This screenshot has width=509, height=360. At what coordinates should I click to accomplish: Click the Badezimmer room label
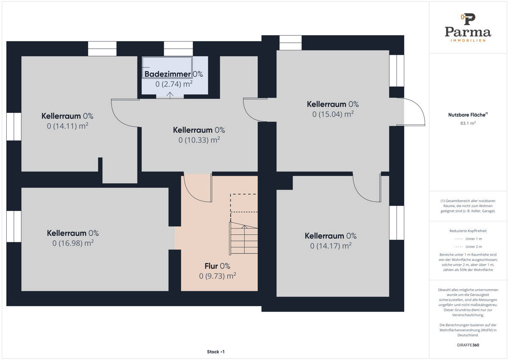(168, 74)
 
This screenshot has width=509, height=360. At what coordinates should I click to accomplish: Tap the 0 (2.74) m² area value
(174, 84)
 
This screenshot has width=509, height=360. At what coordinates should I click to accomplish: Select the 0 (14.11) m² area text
(67, 126)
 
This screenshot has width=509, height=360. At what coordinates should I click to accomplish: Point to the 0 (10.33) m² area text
(199, 140)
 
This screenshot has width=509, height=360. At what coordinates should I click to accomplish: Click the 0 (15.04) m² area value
(333, 114)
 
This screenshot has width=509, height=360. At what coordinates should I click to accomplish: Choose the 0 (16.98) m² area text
(73, 243)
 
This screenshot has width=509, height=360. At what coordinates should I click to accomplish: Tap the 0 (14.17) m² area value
(331, 246)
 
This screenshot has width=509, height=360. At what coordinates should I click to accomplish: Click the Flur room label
(211, 266)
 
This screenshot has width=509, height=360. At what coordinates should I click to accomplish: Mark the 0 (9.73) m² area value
(218, 276)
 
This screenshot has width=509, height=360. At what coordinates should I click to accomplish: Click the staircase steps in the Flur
(244, 238)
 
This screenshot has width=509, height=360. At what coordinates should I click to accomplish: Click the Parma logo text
(468, 32)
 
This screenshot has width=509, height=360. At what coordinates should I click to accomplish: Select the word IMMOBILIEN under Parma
(468, 40)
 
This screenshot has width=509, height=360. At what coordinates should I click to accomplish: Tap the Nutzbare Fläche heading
(468, 115)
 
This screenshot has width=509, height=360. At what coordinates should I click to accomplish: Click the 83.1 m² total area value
(468, 123)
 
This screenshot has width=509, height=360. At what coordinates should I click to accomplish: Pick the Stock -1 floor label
(215, 352)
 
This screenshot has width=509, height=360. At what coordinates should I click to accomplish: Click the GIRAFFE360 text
(468, 345)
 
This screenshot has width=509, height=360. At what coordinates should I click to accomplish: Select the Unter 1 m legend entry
(468, 239)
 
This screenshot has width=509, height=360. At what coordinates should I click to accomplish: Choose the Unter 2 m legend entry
(468, 247)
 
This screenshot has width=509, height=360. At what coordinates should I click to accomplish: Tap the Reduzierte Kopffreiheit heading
(468, 231)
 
